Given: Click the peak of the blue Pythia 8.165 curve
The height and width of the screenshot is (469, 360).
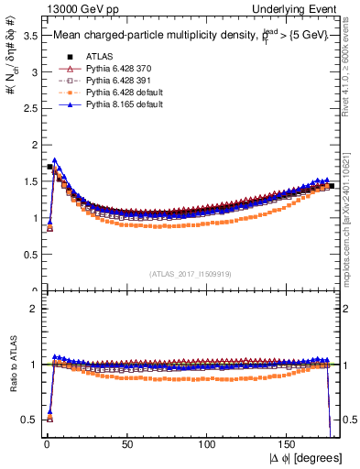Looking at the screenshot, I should [x=55, y=160].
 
